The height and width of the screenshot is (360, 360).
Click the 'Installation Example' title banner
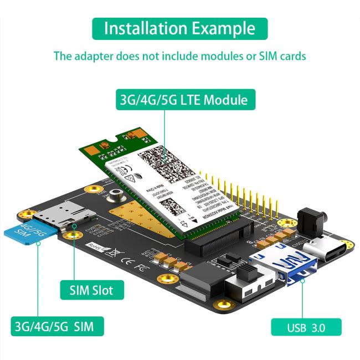[x=179, y=28]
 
